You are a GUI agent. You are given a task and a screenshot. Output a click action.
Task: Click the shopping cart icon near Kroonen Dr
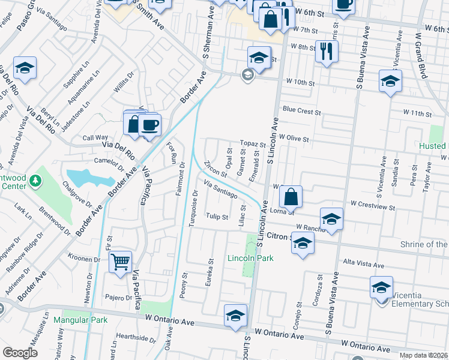point(121,261)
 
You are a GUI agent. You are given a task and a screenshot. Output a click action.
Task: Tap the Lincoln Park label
point(250,258)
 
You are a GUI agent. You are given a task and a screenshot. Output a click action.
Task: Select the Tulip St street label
point(217,217)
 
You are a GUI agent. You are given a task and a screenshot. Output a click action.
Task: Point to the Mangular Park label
point(80,320)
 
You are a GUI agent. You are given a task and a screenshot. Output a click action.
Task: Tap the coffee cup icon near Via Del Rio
point(149,125)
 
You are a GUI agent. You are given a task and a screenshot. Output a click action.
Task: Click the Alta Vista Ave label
point(363,264)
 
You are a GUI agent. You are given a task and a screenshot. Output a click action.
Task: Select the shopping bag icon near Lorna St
point(291,196)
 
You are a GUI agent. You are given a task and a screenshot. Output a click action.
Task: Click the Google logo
point(20,353)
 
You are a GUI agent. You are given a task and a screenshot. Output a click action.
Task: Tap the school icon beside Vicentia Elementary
point(381,287)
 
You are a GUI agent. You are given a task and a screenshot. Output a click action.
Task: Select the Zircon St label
point(214,169)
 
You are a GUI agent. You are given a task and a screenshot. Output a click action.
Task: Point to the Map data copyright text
point(424,354)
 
